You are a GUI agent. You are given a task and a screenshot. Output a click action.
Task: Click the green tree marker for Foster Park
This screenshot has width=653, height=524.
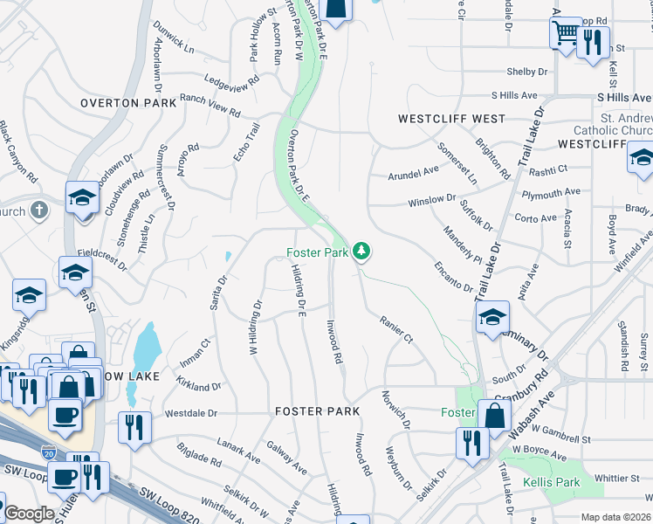(x=361, y=252)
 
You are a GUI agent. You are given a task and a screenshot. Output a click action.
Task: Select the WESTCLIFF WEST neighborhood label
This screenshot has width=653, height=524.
(x=451, y=118)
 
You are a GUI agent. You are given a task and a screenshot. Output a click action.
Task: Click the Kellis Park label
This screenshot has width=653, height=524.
(x=551, y=482)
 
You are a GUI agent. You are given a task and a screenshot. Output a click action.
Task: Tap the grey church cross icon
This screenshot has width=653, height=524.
(x=38, y=210)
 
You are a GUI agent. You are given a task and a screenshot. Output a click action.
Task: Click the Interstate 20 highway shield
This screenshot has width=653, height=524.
(x=47, y=452)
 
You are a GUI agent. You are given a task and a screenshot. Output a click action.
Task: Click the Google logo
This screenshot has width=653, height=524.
(x=29, y=514)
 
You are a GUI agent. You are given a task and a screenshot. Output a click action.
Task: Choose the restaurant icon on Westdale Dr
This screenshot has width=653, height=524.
(x=134, y=428)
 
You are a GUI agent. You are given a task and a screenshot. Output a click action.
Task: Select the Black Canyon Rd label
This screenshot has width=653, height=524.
(x=18, y=152)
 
